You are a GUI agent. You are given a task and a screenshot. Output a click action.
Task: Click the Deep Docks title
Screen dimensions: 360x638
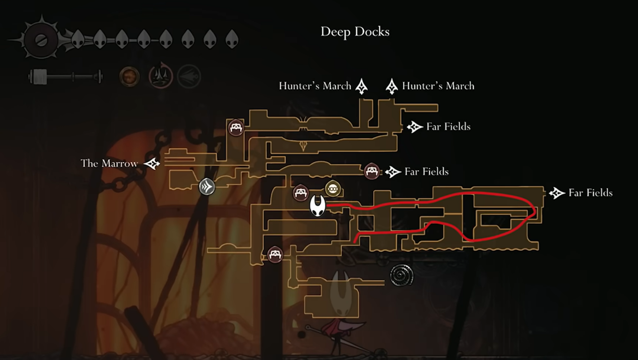point(355,32)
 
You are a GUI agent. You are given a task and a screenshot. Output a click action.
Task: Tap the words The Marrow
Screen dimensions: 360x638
point(109,163)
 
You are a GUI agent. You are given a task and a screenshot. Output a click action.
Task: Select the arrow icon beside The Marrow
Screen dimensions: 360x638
point(152,163)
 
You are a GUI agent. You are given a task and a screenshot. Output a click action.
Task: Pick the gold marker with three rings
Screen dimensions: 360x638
point(332,189)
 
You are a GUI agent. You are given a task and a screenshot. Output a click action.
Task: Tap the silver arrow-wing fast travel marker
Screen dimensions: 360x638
point(207,187)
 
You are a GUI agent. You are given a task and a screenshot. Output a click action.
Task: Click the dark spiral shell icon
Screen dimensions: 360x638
point(401,275)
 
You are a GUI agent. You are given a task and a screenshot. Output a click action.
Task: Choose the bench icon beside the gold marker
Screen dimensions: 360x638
point(300,193)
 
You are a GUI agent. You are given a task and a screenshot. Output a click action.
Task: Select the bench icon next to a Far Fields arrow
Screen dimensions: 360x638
point(371,171)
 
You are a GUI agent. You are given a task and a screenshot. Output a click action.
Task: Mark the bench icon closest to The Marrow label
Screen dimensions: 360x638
point(236,128)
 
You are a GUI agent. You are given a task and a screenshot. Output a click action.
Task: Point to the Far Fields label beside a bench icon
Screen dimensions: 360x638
point(426,172)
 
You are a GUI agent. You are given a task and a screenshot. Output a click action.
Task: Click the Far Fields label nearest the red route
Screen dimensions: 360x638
point(590,193)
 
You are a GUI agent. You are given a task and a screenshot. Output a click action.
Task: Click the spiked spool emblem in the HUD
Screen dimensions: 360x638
point(41,39)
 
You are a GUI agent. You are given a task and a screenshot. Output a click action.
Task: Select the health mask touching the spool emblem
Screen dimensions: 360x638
point(78,39)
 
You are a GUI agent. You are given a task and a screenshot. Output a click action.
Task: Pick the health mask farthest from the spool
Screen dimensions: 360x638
point(232,39)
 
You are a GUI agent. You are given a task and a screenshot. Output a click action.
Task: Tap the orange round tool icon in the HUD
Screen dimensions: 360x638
point(129,77)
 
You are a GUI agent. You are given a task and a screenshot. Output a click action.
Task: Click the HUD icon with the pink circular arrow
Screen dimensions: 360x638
point(160,77)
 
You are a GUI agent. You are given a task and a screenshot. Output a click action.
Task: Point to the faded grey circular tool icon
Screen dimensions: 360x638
point(189,77)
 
